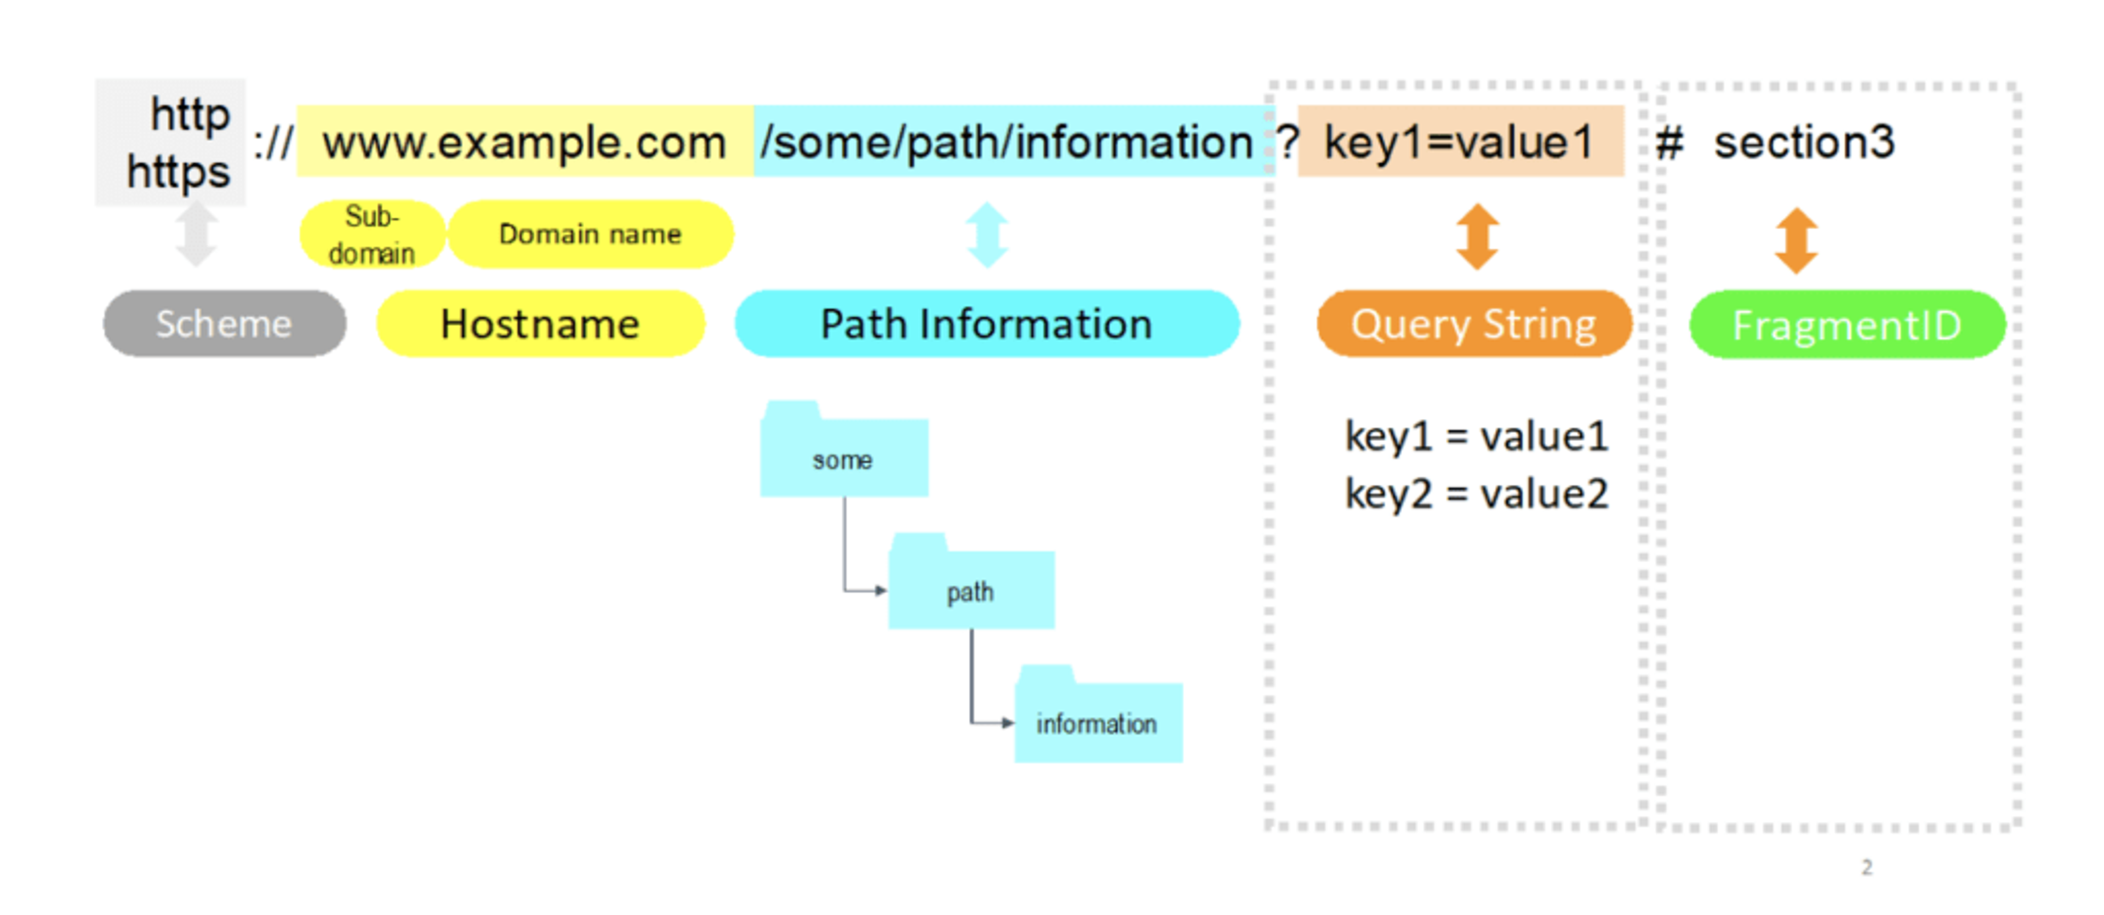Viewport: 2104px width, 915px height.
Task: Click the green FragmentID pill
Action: (x=1846, y=325)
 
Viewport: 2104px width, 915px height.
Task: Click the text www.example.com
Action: (x=524, y=142)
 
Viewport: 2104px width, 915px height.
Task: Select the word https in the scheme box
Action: (x=179, y=172)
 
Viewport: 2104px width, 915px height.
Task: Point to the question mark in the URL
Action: (x=1287, y=142)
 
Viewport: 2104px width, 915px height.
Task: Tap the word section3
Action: (x=1803, y=142)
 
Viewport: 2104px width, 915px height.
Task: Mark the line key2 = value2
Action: (x=1476, y=493)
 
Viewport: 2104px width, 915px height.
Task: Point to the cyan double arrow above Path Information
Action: (x=987, y=235)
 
